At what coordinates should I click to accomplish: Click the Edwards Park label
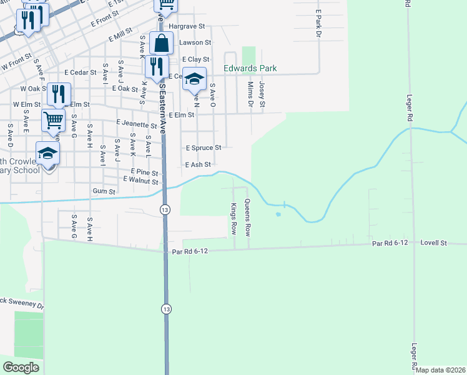point(250,68)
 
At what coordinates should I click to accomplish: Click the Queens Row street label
point(248,217)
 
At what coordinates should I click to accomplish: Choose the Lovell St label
point(435,242)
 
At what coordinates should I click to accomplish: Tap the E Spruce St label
point(204,148)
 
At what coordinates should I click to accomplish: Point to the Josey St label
point(262,93)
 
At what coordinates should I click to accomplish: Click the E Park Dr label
point(318,22)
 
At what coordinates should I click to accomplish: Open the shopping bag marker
point(161,44)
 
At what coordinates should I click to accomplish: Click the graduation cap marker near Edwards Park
point(194,78)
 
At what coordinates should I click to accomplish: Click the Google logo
point(21,367)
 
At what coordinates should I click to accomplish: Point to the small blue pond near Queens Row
point(278,214)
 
